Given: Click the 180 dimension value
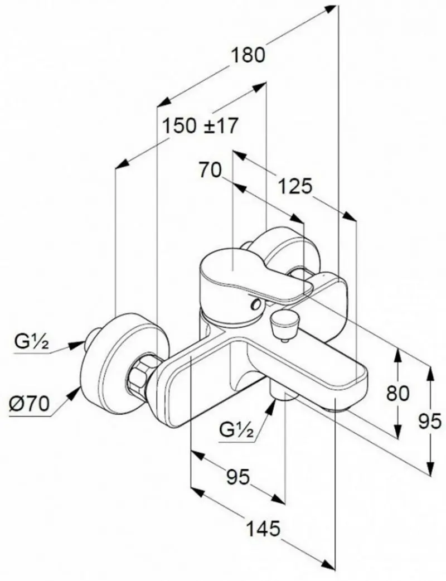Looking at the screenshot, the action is tap(249, 56).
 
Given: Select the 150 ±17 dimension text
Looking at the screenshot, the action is tap(200, 125).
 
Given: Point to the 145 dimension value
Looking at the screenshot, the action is tap(263, 530).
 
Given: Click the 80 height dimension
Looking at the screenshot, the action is tap(398, 393).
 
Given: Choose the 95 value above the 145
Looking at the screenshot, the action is tap(238, 476).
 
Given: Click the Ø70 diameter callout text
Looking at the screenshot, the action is tap(29, 404).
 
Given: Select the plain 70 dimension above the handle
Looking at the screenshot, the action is tap(210, 170).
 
